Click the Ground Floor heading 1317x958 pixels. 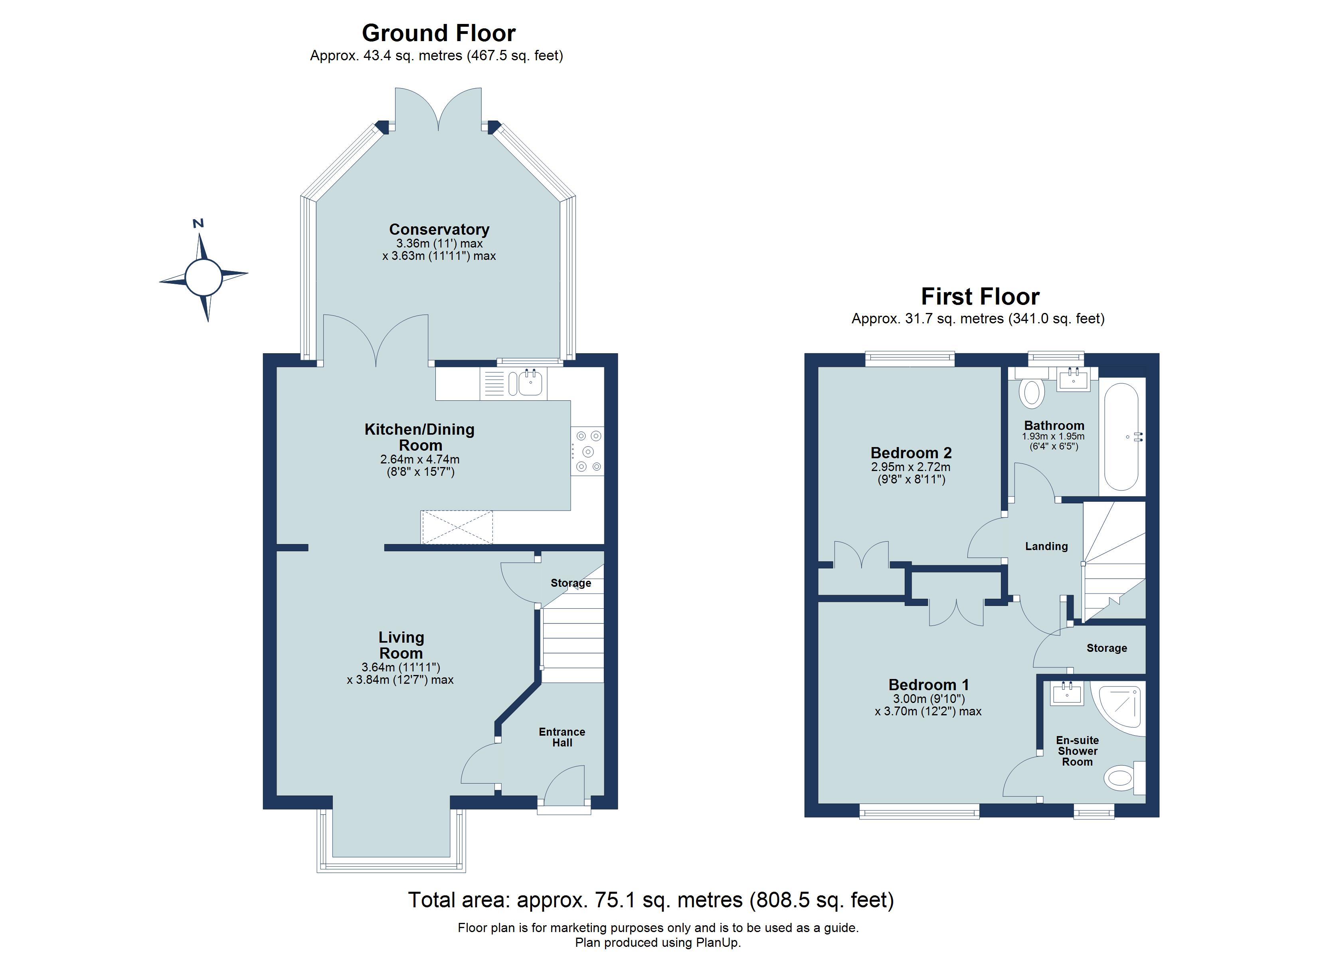coord(439,33)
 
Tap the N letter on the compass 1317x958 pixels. coord(198,224)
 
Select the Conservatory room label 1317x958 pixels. coord(439,230)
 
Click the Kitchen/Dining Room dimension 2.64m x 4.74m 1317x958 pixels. coord(420,459)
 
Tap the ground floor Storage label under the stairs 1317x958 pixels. coord(570,583)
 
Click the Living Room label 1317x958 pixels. coord(401,645)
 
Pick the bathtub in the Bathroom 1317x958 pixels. coord(1121,436)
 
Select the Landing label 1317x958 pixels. coord(1046,546)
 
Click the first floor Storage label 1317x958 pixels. coord(1106,648)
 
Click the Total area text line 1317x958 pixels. coord(651,900)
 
